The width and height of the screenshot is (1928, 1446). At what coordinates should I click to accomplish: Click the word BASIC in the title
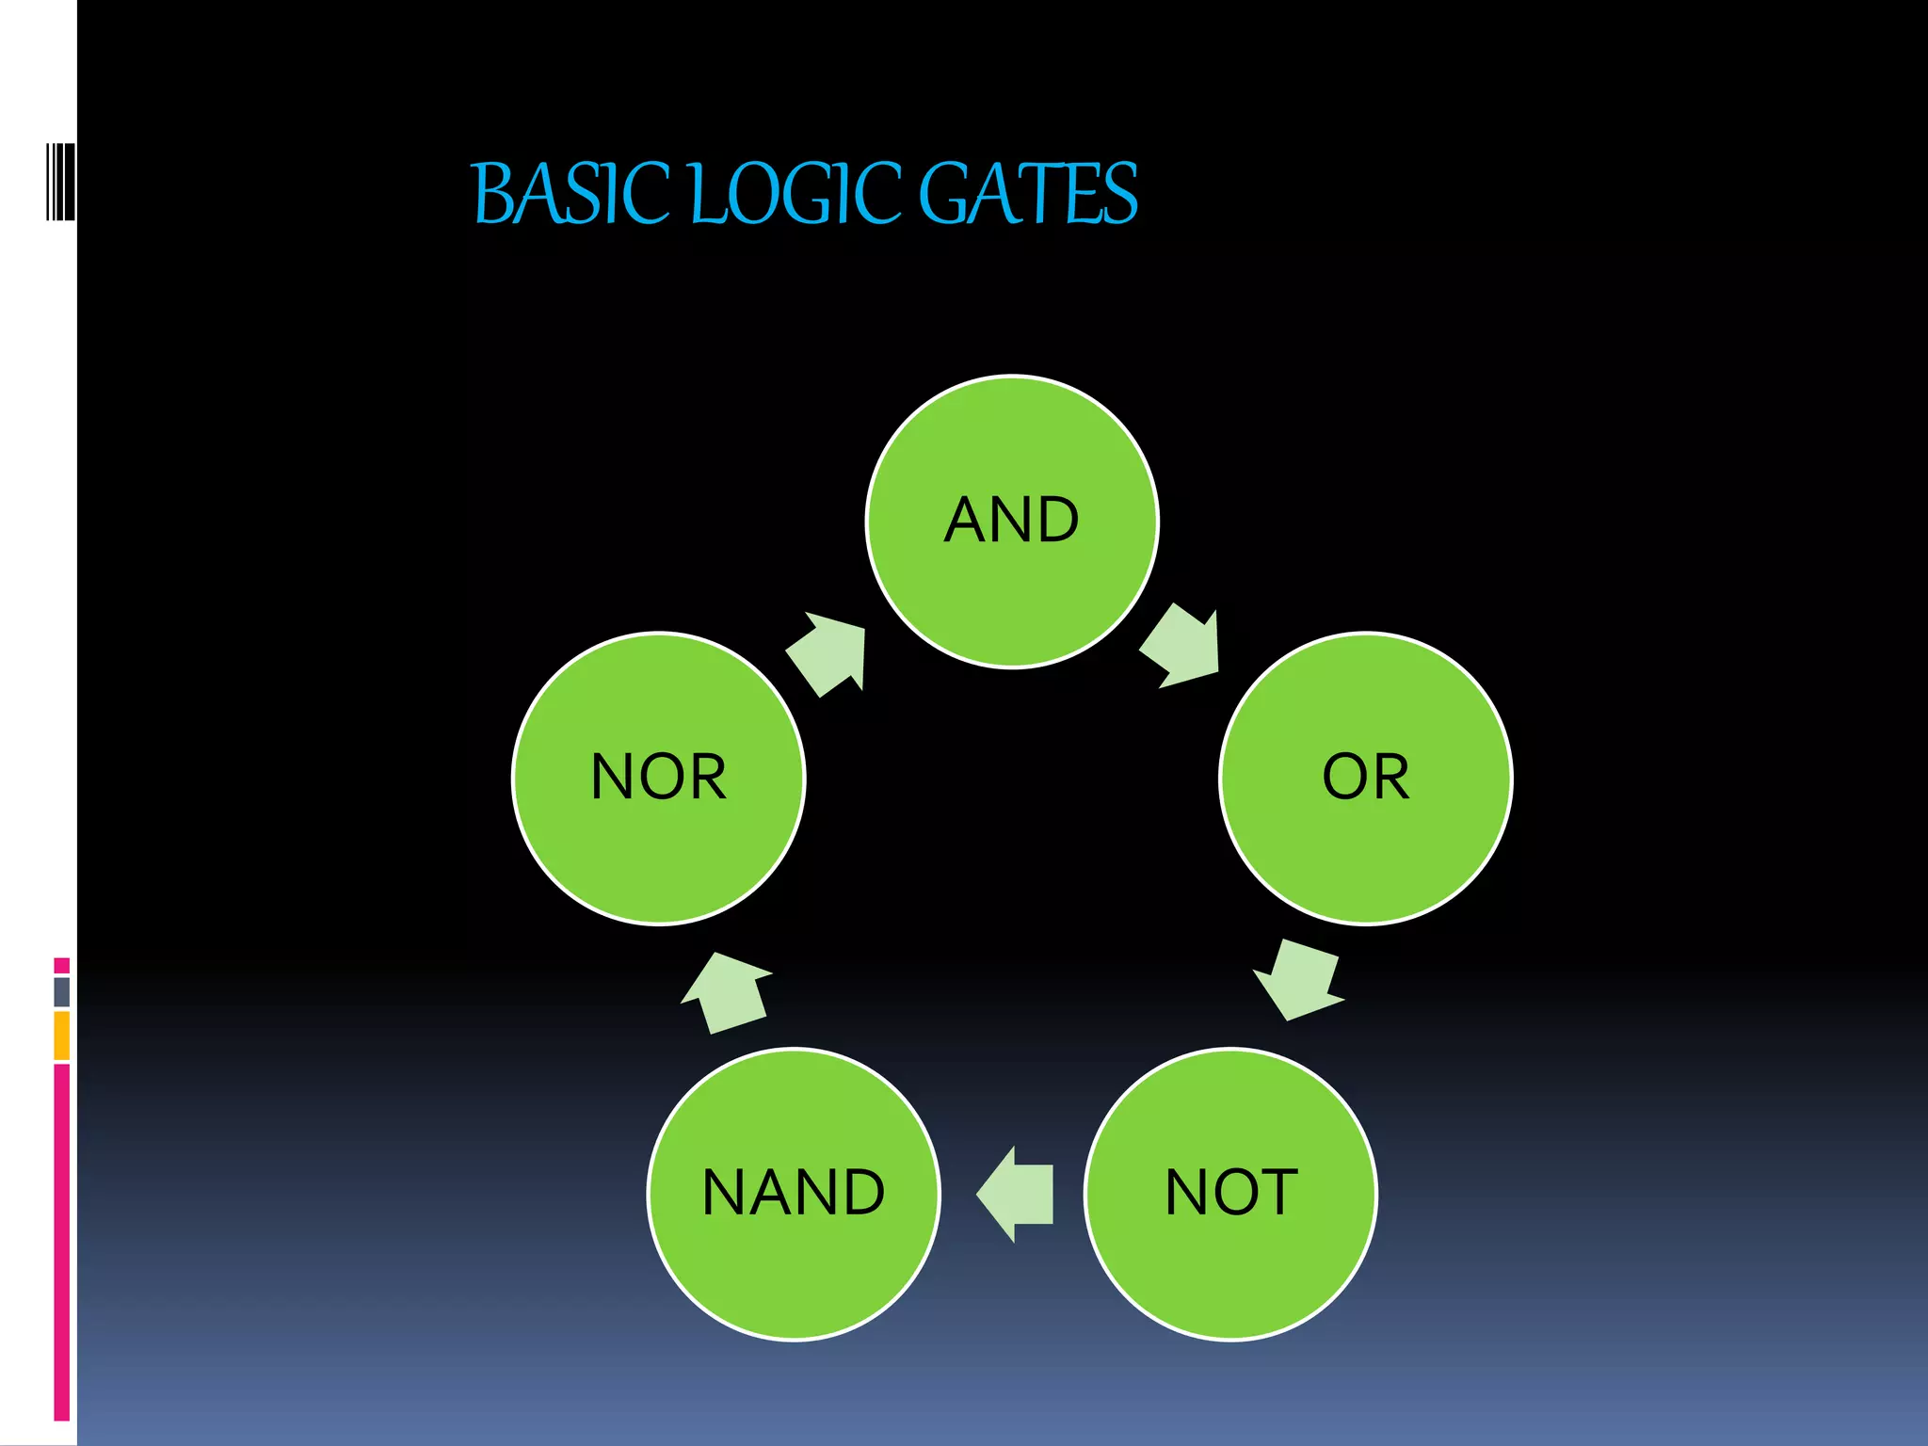click(570, 194)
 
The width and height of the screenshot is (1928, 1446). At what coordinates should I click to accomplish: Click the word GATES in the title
click(1027, 194)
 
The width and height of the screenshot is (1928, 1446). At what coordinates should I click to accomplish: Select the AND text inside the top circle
click(1012, 520)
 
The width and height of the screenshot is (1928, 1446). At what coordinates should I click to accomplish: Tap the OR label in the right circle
click(1366, 778)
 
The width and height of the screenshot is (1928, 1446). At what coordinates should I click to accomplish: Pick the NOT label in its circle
click(1231, 1193)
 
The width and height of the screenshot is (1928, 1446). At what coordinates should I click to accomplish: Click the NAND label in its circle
click(794, 1193)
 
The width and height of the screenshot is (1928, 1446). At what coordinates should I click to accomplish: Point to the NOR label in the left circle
click(659, 778)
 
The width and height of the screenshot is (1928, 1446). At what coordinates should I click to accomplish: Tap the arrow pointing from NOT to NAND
click(1017, 1194)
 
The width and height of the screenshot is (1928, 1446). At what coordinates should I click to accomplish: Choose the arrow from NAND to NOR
click(726, 992)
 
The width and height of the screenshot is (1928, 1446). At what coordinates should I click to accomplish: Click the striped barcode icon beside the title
click(60, 182)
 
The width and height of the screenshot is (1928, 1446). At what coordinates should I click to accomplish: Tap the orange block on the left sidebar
click(62, 1035)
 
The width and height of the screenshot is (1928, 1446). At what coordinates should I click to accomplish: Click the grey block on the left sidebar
click(62, 991)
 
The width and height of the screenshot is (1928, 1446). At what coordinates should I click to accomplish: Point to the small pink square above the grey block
click(62, 966)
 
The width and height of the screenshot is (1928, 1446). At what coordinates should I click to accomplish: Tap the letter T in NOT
click(1279, 1193)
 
